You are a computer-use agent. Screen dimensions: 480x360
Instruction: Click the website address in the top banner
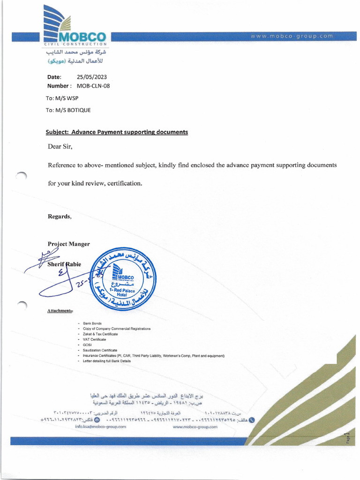[x=292, y=36]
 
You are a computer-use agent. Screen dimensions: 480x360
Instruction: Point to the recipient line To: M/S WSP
[x=62, y=98]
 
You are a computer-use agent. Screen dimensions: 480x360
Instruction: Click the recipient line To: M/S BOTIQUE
[x=68, y=110]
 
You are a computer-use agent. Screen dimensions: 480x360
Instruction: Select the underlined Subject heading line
[x=117, y=132]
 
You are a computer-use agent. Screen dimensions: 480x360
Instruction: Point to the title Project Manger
[x=68, y=244]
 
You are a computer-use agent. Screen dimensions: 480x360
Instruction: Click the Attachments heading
[x=60, y=311]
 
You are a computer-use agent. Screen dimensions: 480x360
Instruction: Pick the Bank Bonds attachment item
[x=92, y=323]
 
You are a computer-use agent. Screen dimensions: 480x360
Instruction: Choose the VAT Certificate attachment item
[x=94, y=339]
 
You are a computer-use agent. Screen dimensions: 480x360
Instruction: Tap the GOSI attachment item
[x=87, y=345]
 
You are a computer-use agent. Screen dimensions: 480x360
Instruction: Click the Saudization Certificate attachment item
[x=100, y=350]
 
